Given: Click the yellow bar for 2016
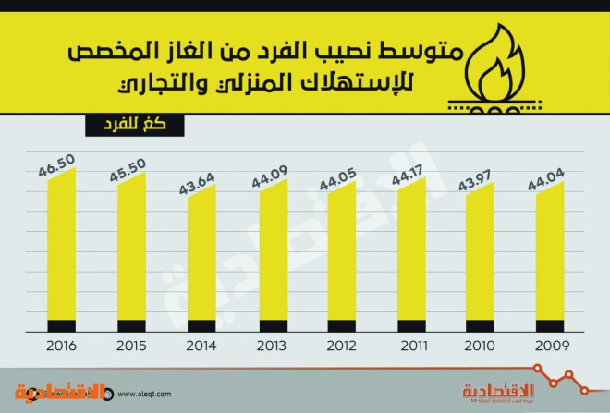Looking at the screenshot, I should tap(61, 246).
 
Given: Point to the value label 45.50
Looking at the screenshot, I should tap(128, 173).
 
